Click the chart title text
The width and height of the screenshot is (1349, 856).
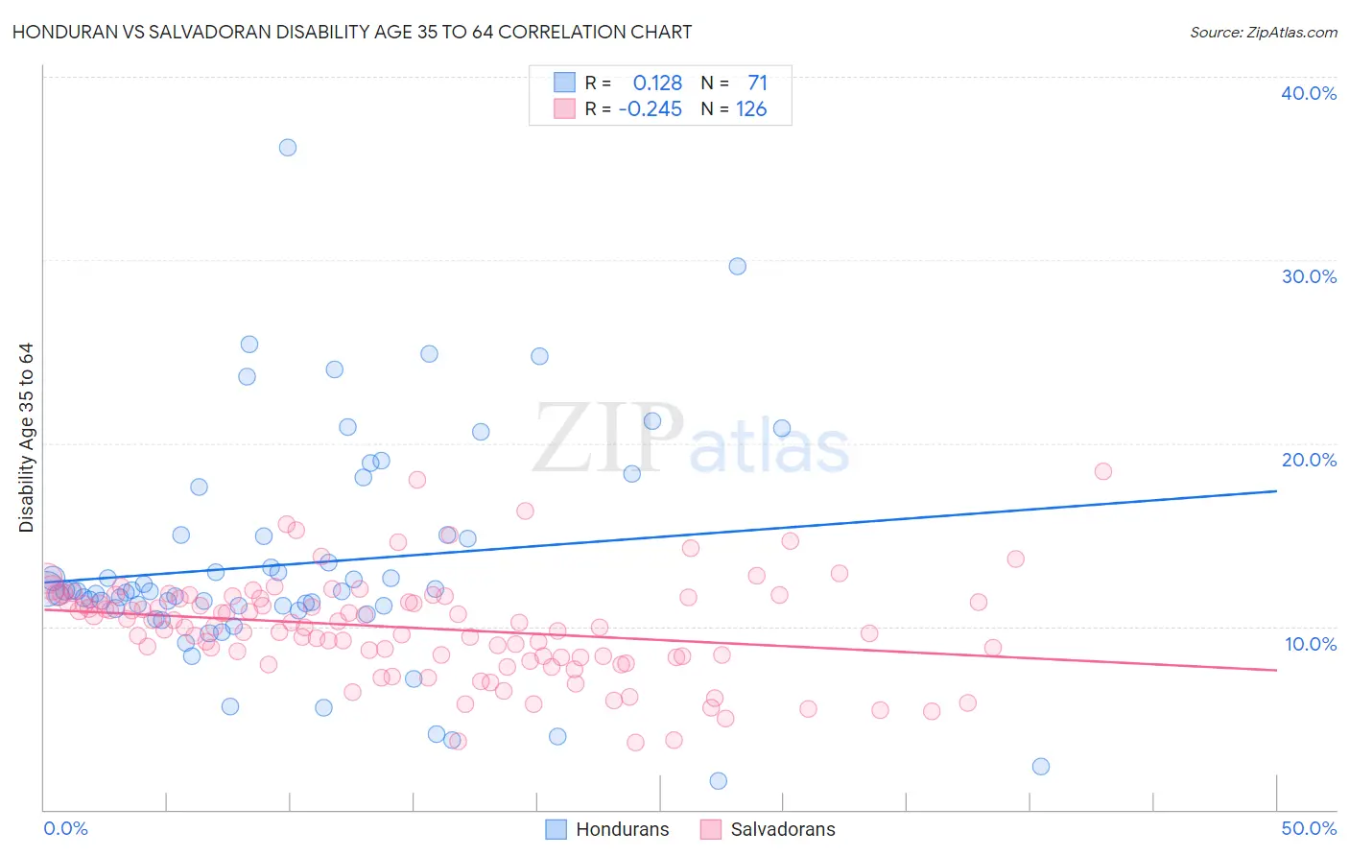pos(352,32)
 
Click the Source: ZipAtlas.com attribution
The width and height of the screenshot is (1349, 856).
pos(1263,32)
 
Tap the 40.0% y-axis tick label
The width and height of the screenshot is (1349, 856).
pos(1309,93)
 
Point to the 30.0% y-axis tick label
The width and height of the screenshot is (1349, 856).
pos(1309,276)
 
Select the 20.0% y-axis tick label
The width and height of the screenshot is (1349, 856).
pos(1309,460)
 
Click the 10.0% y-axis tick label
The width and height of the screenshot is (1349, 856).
pos(1310,644)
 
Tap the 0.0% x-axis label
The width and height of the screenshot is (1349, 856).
pos(65,828)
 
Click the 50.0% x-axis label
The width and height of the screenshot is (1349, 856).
pos(1309,828)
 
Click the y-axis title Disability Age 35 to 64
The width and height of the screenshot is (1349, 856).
pos(26,438)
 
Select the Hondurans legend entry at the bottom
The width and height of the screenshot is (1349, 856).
pos(607,829)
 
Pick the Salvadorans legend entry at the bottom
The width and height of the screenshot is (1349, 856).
pos(768,829)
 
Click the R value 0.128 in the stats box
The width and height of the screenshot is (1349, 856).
pos(657,83)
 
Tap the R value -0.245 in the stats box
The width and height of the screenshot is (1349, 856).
pos(651,109)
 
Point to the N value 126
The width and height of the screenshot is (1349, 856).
pos(751,109)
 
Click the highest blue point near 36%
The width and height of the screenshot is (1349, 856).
pos(288,148)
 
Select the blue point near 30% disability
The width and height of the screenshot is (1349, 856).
pos(738,267)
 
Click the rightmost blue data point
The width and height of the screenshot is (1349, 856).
pos(1041,767)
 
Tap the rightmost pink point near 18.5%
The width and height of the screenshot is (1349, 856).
pos(1103,471)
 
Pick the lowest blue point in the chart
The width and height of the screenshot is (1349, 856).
pos(719,781)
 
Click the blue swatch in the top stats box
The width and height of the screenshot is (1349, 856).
pos(564,83)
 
